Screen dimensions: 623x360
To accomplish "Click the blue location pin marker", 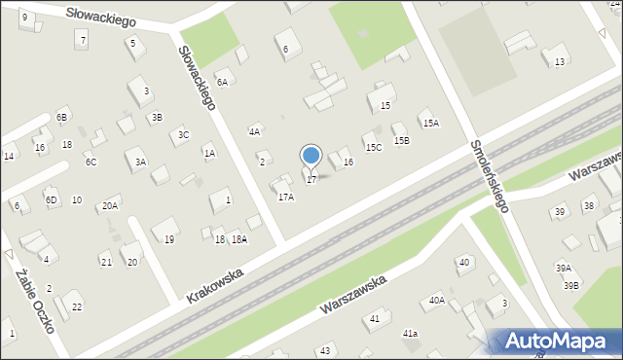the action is tap(311, 156).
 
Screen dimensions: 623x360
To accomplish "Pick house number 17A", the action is tap(285, 197).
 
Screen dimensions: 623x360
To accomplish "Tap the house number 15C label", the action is tap(373, 147).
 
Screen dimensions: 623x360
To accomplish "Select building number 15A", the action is tap(429, 123).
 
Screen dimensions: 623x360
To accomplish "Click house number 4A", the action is tap(255, 131).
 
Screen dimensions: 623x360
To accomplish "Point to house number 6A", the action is tap(222, 83).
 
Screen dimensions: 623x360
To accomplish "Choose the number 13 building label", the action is tap(559, 62).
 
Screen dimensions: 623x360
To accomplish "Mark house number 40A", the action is tap(437, 301).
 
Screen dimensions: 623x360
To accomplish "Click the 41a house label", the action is tap(411, 334).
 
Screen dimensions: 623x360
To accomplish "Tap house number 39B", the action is tap(570, 285).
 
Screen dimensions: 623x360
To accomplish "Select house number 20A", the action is tap(110, 205).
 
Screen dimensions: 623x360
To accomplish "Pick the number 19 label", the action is tap(168, 239).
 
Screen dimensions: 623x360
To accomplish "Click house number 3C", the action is tap(183, 135).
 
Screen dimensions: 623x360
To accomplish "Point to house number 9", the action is tap(24, 18).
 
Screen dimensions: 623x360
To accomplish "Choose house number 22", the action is tap(77, 307).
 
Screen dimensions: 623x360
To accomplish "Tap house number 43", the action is tap(325, 349).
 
